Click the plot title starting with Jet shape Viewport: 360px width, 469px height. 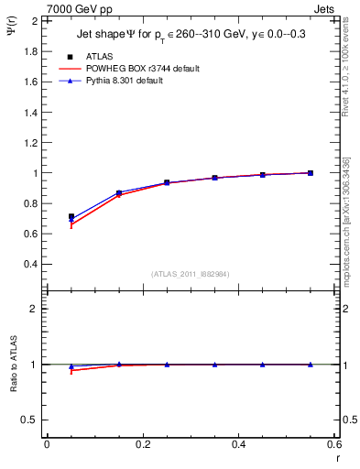(192, 36)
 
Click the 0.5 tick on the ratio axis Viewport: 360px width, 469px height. (29, 420)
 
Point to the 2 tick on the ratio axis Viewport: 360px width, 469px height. (33, 309)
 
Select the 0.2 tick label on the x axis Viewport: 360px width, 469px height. (142, 444)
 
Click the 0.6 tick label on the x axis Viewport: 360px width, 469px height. (333, 444)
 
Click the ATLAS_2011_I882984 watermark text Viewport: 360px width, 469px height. (190, 272)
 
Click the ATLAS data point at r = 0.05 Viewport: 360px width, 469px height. (71, 217)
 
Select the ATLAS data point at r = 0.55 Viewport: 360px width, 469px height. (311, 173)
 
